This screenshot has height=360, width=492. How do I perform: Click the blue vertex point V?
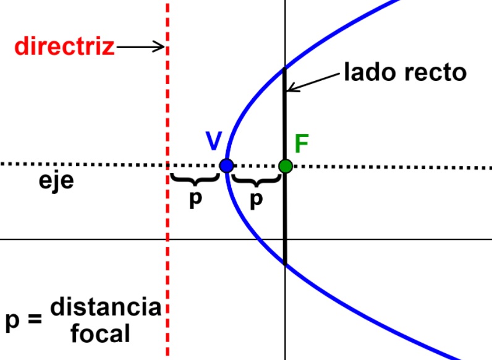[226, 165]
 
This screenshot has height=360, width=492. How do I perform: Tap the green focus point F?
[285, 165]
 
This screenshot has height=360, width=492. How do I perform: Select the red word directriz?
[65, 47]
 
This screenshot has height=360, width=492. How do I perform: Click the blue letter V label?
[213, 141]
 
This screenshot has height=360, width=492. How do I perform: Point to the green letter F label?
[302, 143]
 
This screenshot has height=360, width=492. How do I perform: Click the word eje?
[56, 183]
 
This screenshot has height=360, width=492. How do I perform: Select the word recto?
[436, 73]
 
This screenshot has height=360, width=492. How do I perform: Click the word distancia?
[106, 307]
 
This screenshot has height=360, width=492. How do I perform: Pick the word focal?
[100, 334]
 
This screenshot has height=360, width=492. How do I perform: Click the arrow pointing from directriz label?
[141, 47]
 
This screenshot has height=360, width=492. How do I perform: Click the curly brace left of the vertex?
[195, 180]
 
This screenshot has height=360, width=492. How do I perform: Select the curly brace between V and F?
[255, 180]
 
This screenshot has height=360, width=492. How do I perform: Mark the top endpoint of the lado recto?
[284, 67]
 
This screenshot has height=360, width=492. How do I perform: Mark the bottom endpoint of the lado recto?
[285, 264]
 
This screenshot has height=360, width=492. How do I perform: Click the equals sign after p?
[35, 321]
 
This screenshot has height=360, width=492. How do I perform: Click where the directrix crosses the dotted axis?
[168, 165]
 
